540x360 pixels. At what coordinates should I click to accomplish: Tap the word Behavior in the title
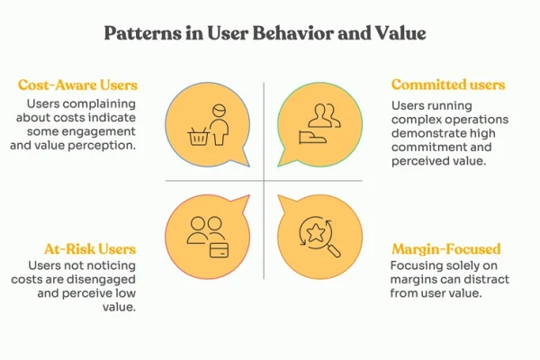tap(293, 33)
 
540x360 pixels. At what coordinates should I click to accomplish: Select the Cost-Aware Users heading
tap(77, 85)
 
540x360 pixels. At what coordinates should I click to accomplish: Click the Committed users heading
tap(448, 85)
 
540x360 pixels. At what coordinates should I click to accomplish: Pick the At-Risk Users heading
tap(90, 249)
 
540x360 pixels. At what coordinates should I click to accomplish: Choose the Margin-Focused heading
tap(446, 249)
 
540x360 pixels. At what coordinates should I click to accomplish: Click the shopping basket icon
tap(199, 136)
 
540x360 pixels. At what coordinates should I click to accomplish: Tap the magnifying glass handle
tap(333, 250)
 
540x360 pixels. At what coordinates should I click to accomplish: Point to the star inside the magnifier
tap(316, 233)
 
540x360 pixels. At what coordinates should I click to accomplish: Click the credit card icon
tap(220, 250)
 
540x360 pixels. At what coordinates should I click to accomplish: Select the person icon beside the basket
tap(219, 125)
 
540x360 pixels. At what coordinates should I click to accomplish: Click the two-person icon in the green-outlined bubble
tap(324, 116)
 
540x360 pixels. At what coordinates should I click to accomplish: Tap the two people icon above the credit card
tap(206, 230)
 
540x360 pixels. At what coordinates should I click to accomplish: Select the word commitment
tap(422, 147)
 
